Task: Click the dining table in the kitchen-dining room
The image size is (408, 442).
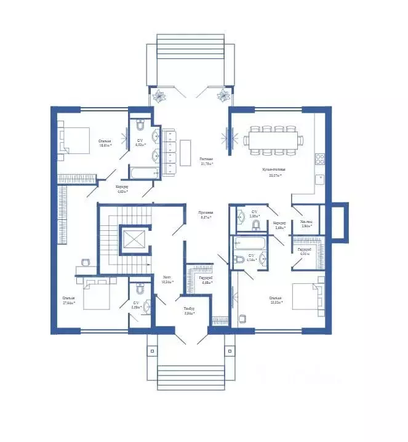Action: pyautogui.click(x=272, y=139)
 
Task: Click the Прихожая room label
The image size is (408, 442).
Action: pyautogui.click(x=206, y=214)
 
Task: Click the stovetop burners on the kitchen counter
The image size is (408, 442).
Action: pyautogui.click(x=320, y=159)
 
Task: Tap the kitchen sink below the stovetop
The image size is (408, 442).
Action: pyautogui.click(x=320, y=179)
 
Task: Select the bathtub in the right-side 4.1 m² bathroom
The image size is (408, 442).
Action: pyautogui.click(x=249, y=242)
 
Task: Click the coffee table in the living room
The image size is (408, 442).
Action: pyautogui.click(x=186, y=150)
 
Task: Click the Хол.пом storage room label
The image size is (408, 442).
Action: pyautogui.click(x=306, y=225)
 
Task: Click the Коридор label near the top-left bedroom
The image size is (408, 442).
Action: pyautogui.click(x=121, y=188)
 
